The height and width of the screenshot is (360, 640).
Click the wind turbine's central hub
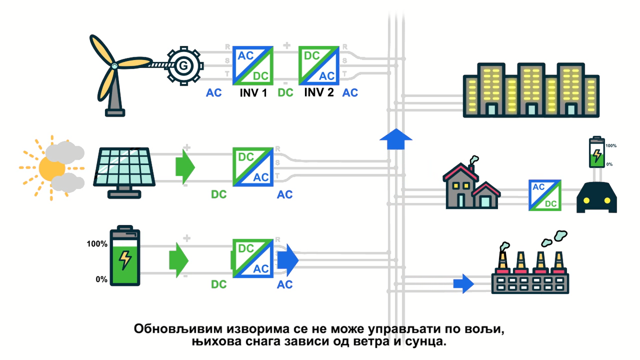(114, 66)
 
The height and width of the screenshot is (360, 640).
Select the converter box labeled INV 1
(253, 65)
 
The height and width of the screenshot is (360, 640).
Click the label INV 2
(319, 92)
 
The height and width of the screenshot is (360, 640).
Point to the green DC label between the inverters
(285, 93)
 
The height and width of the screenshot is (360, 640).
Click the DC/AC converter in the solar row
(253, 166)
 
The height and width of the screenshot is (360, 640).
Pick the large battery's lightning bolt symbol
(125, 259)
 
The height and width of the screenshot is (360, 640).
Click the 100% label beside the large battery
(97, 244)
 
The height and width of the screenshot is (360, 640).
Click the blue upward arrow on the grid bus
(395, 139)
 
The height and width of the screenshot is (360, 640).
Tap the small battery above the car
(596, 152)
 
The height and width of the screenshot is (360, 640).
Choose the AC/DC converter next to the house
(545, 195)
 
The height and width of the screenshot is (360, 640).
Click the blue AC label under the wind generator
(214, 93)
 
